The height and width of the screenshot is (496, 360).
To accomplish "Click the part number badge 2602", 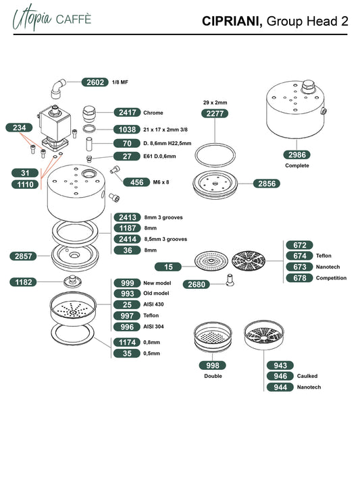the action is (95, 82).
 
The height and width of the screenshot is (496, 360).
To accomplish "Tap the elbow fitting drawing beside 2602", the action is (58, 88).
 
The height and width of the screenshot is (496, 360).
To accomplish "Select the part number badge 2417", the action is (127, 112).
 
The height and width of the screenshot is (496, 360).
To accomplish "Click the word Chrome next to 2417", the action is (153, 113).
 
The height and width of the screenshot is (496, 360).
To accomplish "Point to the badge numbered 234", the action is (19, 128).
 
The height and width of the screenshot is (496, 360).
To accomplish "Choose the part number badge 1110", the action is (25, 184).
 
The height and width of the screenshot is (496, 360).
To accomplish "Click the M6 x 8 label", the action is (161, 182).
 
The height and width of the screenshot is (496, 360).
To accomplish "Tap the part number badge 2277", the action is (215, 113).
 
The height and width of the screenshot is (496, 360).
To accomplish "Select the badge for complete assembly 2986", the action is (297, 155).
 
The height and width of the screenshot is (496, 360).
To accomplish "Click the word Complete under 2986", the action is (297, 165).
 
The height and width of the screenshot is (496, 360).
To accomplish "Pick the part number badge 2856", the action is (267, 184).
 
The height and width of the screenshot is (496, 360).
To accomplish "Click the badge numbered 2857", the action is (24, 256).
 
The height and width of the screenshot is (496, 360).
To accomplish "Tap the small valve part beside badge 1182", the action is (72, 281).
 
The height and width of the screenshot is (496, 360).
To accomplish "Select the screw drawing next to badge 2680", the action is (230, 280).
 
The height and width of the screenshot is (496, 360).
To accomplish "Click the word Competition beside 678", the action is (331, 278).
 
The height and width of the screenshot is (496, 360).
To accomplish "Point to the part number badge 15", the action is (168, 267).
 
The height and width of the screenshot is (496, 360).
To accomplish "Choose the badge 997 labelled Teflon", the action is (127, 316).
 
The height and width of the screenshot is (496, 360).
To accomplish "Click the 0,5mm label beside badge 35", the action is (152, 354).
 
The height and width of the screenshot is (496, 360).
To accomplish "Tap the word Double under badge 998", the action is (213, 376).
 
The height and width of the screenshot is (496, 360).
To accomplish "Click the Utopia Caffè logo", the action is (51, 18).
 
